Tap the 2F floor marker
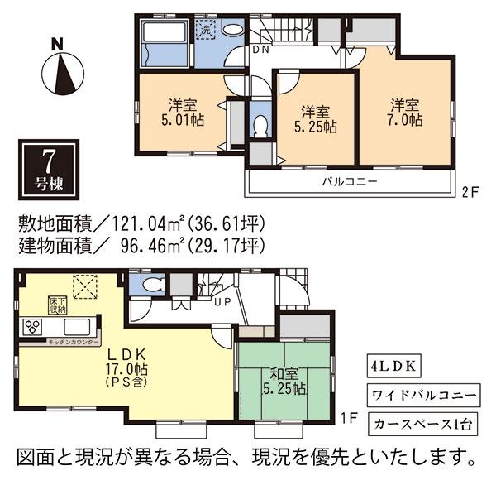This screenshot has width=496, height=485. click(470, 191)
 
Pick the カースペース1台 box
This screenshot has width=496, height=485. click(421, 424)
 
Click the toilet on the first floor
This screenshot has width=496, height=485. click(151, 285)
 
